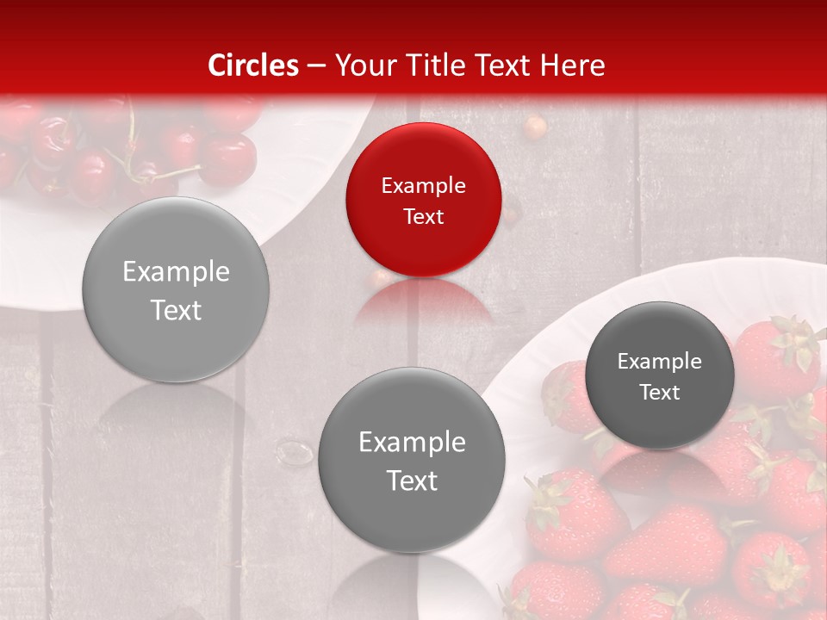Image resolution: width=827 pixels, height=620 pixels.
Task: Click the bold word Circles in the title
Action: pyautogui.click(x=253, y=65)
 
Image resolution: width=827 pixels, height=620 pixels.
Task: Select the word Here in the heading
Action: pyautogui.click(x=572, y=65)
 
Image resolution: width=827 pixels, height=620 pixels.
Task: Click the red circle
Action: pyautogui.click(x=423, y=200)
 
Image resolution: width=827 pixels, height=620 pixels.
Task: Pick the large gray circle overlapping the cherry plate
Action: pyautogui.click(x=176, y=289)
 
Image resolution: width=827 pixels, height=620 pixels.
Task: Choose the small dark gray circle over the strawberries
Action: pyautogui.click(x=660, y=375)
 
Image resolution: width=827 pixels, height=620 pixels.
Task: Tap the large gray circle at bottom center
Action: pyautogui.click(x=412, y=460)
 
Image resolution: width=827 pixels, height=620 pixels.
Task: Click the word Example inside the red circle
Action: pyautogui.click(x=423, y=185)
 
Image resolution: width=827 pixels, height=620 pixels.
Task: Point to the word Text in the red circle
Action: pyautogui.click(x=423, y=216)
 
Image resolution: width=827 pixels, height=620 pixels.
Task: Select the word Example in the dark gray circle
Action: pyautogui.click(x=660, y=361)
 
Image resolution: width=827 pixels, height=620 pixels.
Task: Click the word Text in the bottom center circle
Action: pyautogui.click(x=412, y=480)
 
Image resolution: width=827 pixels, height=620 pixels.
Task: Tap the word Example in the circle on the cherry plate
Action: pyautogui.click(x=176, y=271)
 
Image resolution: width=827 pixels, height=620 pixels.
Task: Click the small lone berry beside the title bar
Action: pyautogui.click(x=536, y=127)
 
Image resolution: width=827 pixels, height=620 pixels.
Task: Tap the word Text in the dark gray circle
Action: pyautogui.click(x=660, y=392)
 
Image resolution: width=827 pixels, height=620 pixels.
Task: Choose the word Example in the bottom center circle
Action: pyautogui.click(x=412, y=442)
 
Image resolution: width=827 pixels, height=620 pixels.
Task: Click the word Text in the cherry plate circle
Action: pyautogui.click(x=176, y=310)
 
